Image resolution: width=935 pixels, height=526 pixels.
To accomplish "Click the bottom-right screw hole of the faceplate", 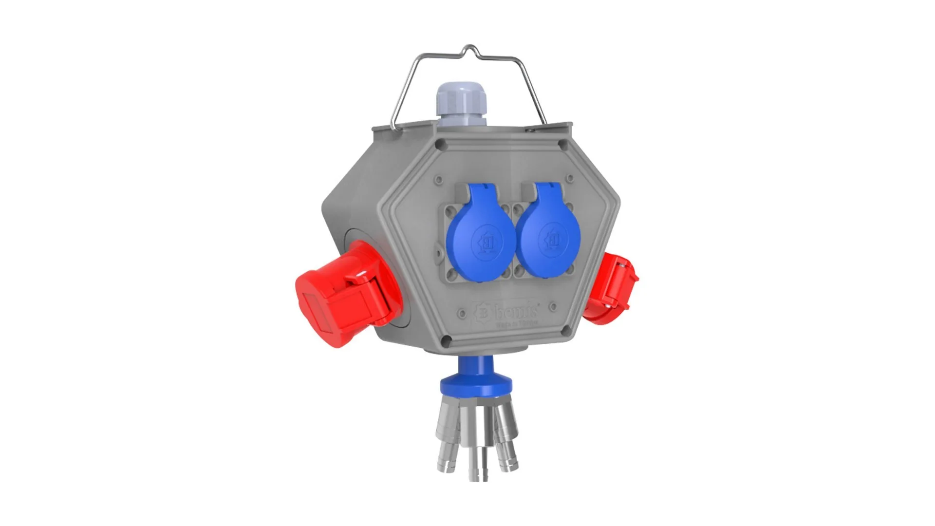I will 565,332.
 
